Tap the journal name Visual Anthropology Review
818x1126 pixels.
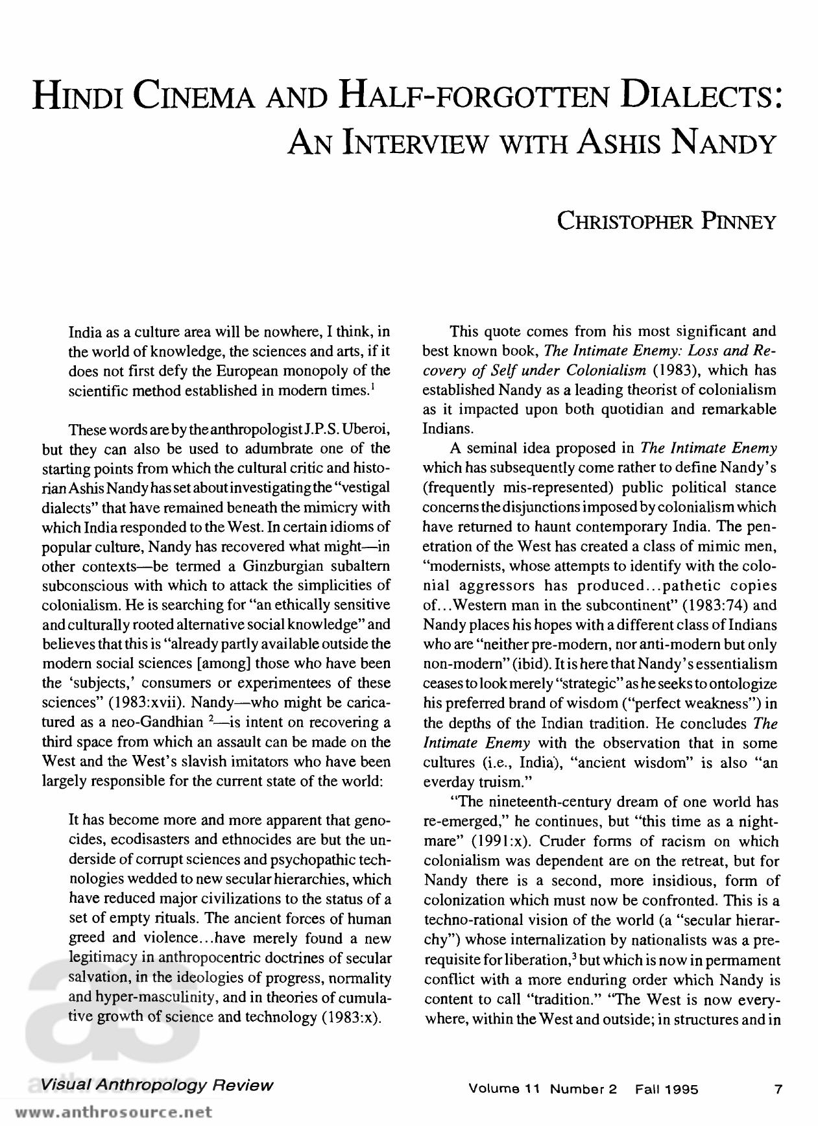pos(156,1085)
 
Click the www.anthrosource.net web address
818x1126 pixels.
pos(114,1112)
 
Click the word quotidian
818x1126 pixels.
pos(605,409)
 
